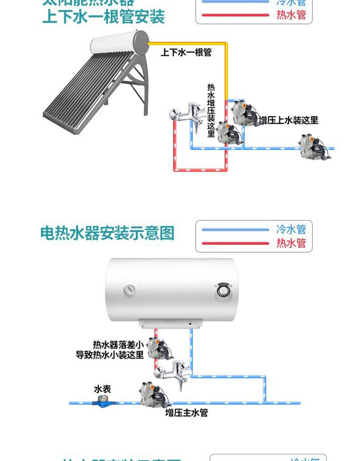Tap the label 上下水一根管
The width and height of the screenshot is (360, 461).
pos(186,52)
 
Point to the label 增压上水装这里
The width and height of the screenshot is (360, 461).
pos(288,120)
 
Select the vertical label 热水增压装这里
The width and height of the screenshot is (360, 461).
pos(211,110)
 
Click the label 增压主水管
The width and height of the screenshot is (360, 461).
pos(187,412)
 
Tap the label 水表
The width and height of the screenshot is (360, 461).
pos(102,388)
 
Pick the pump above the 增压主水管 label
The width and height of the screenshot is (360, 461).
pos(149,394)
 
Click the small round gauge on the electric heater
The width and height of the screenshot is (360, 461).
pos(130,289)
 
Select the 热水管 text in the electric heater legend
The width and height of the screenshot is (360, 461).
pos(291,243)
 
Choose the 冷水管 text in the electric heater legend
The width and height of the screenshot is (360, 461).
pos(291,229)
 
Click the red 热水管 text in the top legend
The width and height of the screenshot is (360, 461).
pos(291,15)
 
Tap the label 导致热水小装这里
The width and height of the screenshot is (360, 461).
pos(110,355)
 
